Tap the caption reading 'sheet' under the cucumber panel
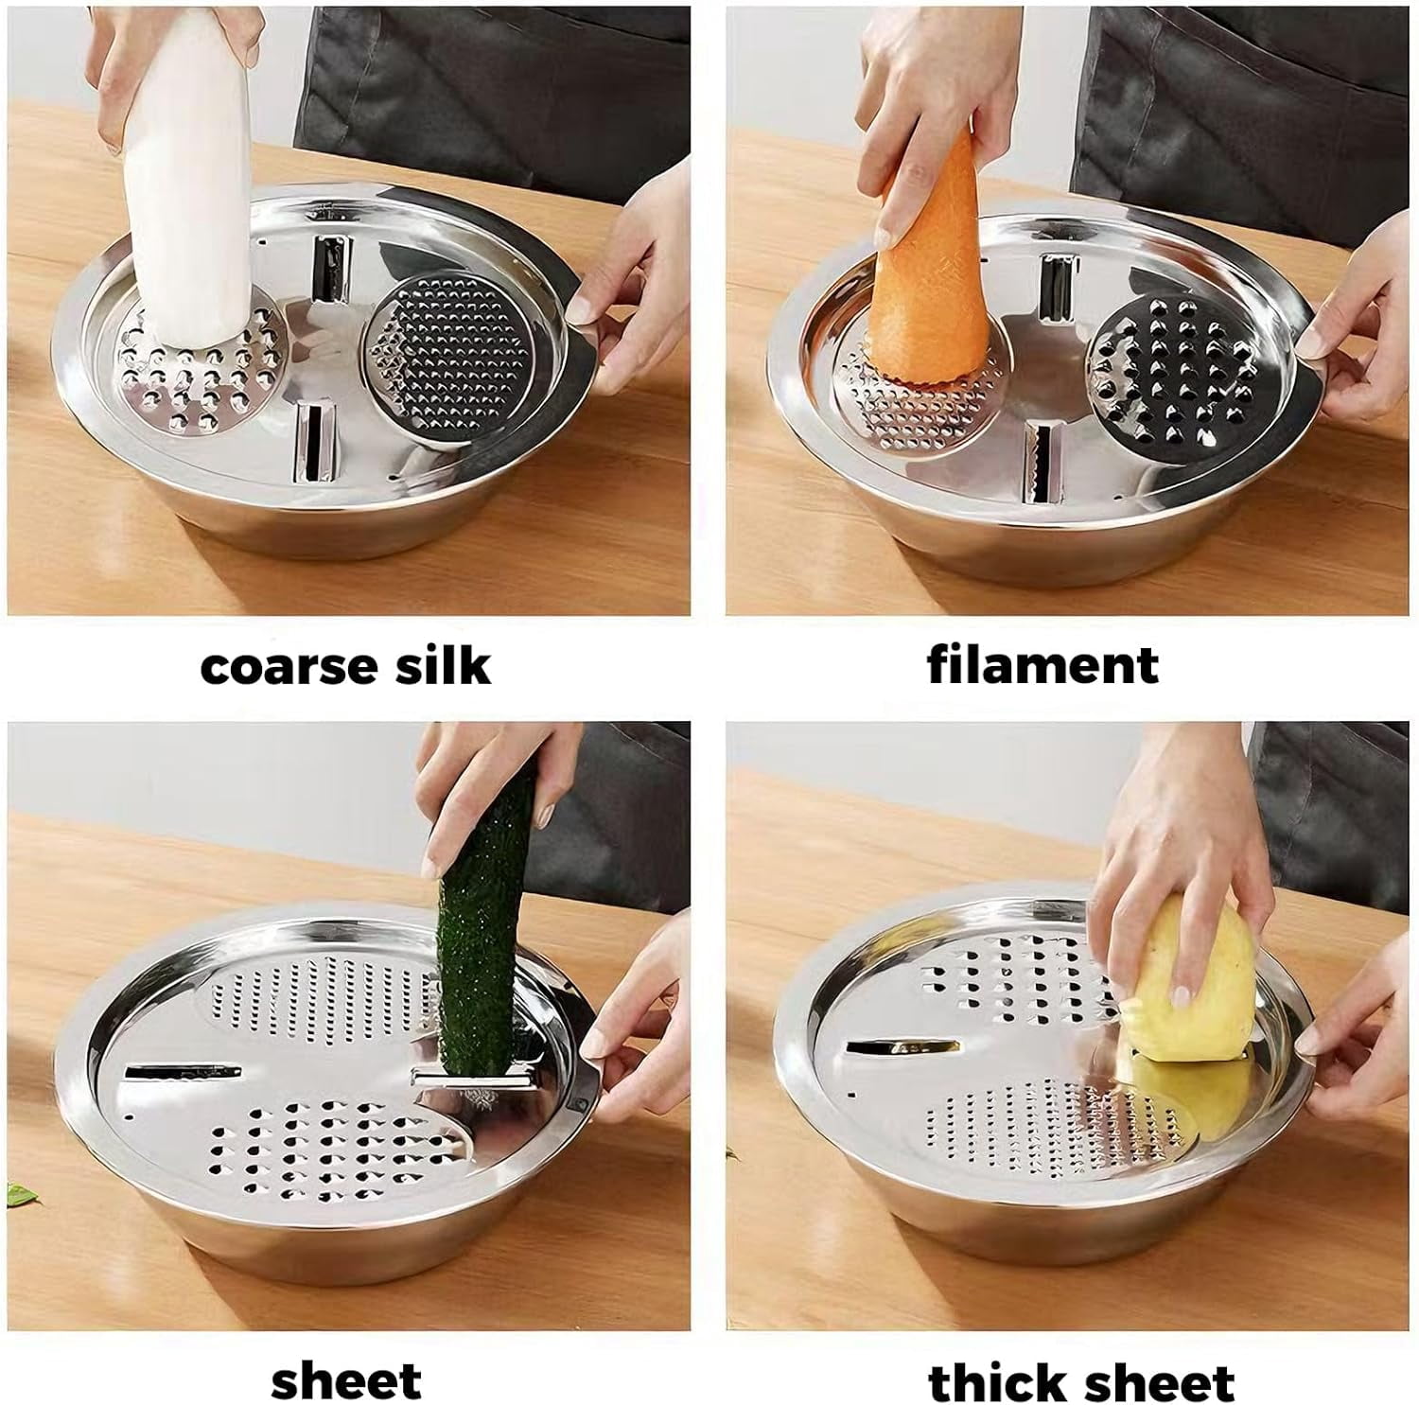(345, 1381)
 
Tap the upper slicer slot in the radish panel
(328, 269)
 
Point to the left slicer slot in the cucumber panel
(182, 1072)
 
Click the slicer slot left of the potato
(903, 1048)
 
